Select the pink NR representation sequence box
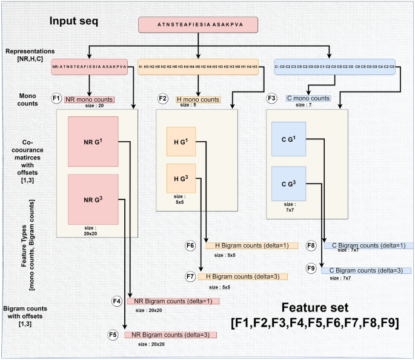point(90,67)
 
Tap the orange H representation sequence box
point(198,67)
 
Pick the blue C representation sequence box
point(334,67)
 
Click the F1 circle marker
point(56,98)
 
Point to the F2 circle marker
point(162,98)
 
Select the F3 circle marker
point(272,98)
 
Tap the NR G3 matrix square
point(93,199)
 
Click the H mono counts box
point(198,99)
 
